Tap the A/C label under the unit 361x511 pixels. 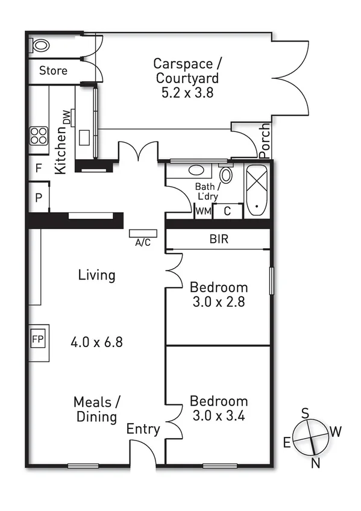pyautogui.click(x=143, y=243)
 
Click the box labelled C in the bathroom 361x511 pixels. pyautogui.click(x=227, y=211)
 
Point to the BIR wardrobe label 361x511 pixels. pyautogui.click(x=219, y=239)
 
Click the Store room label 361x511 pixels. pyautogui.click(x=53, y=71)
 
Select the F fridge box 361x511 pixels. pyautogui.click(x=37, y=168)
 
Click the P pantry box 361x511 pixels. pyautogui.click(x=37, y=198)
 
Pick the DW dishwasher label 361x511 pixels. pyautogui.click(x=65, y=118)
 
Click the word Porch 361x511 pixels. pyautogui.click(x=265, y=138)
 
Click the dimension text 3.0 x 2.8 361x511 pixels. pyautogui.click(x=218, y=303)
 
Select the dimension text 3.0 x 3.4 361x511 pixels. pyautogui.click(x=218, y=416)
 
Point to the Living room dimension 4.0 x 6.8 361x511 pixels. pyautogui.click(x=96, y=342)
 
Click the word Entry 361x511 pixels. pyautogui.click(x=143, y=430)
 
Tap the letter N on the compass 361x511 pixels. pyautogui.click(x=315, y=463)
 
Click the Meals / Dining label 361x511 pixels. pyautogui.click(x=96, y=409)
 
